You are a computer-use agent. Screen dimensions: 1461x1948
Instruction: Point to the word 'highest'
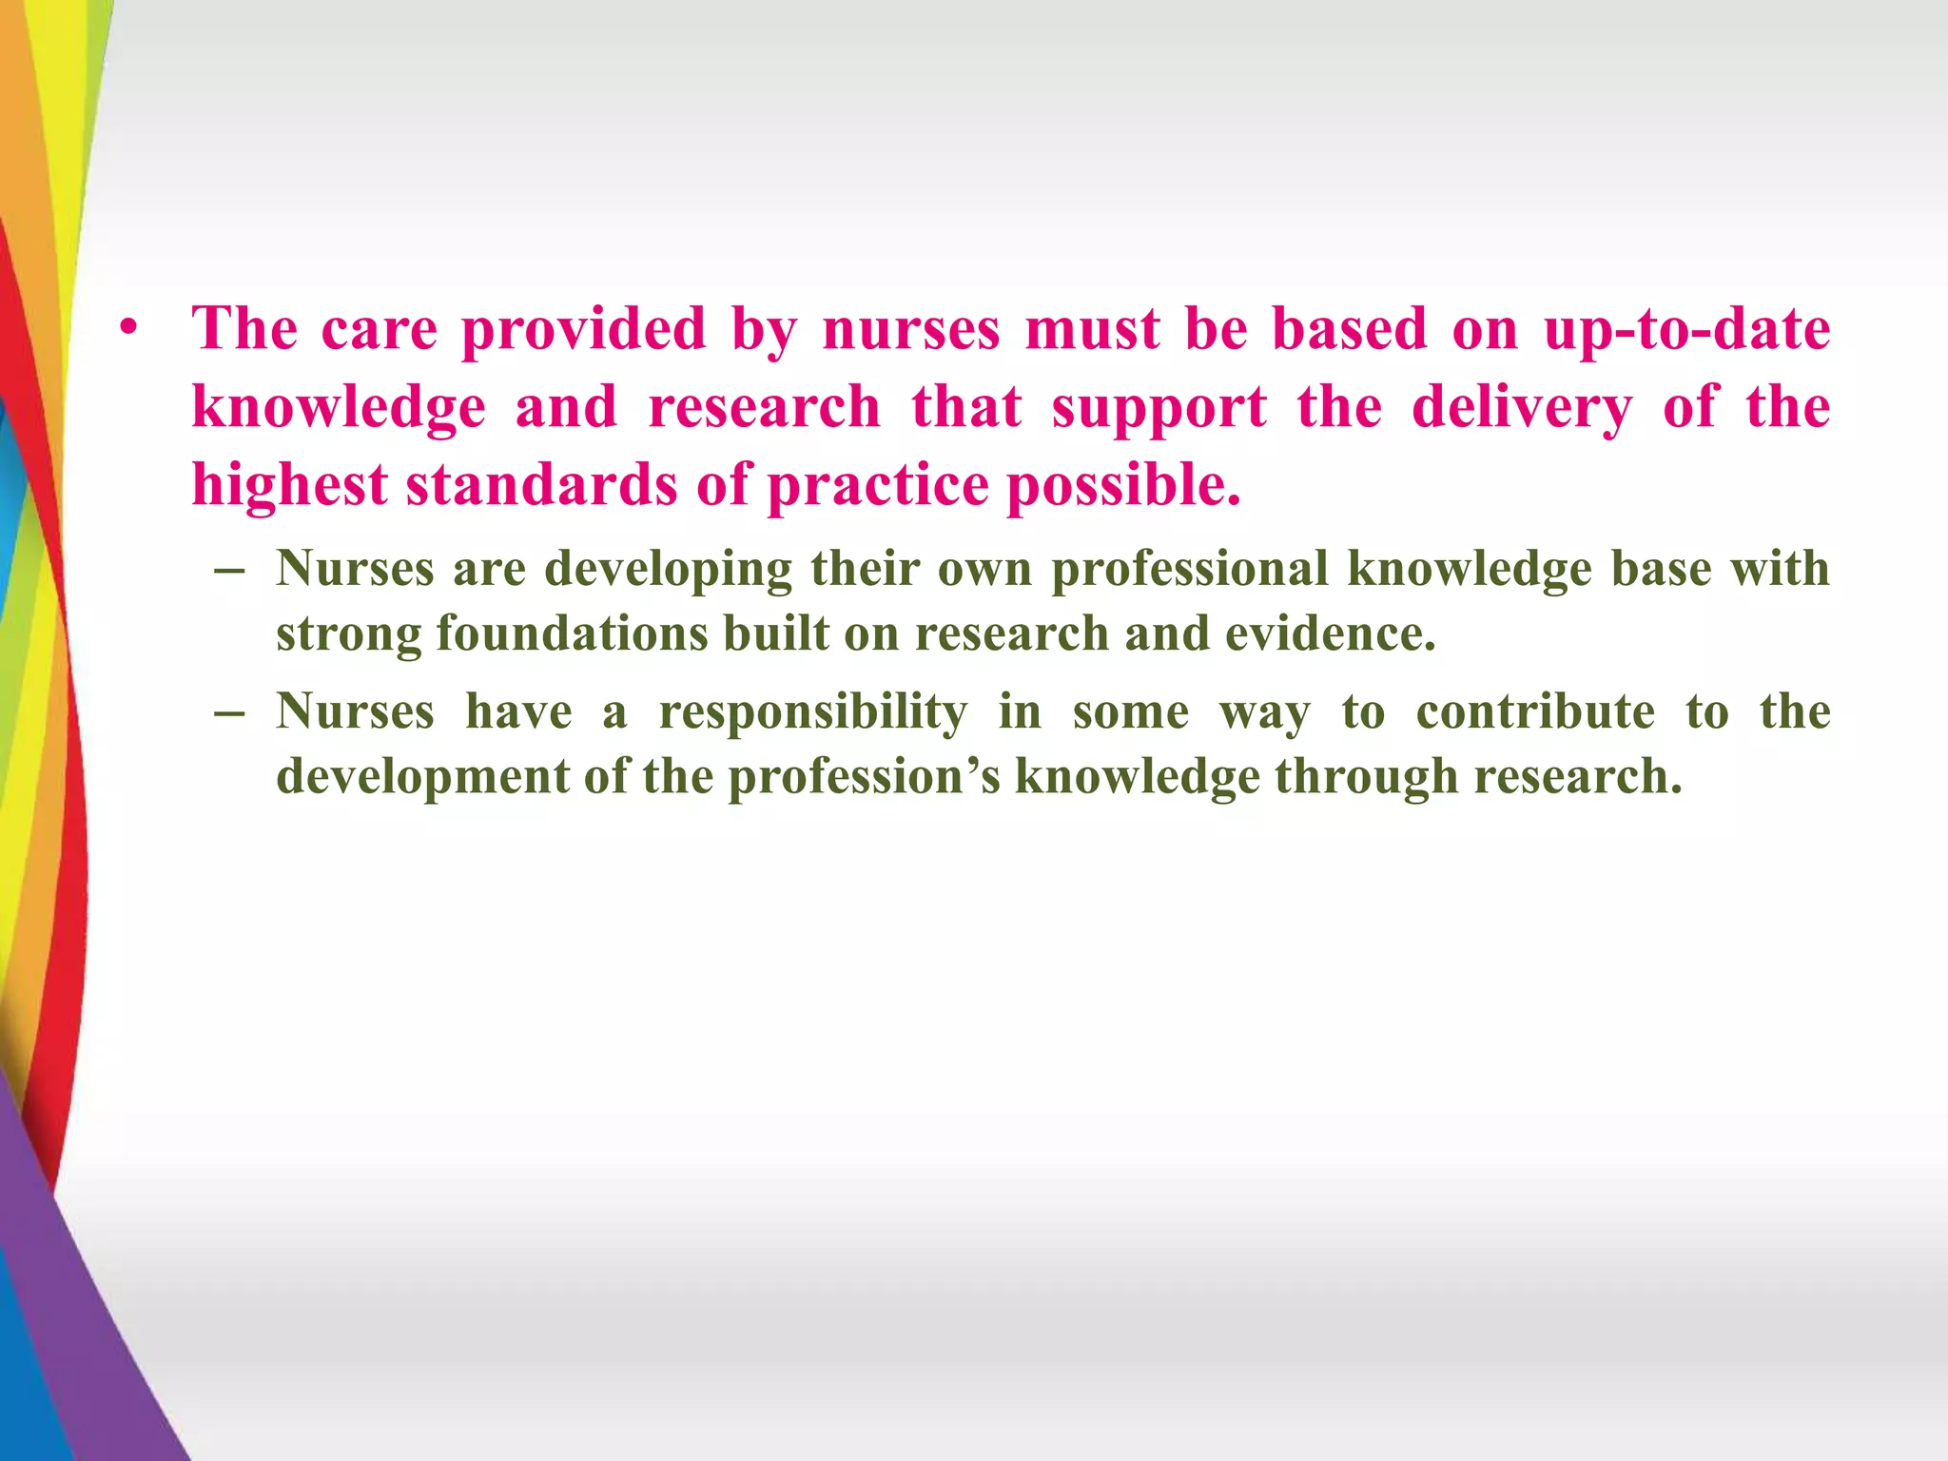point(289,486)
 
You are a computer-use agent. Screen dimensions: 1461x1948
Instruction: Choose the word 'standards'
point(541,484)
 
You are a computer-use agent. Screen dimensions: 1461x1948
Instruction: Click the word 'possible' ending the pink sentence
point(1122,486)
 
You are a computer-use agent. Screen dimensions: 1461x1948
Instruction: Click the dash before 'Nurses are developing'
point(230,571)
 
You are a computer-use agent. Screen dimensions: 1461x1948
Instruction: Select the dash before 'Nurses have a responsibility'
point(230,713)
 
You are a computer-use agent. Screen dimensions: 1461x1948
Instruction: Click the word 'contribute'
point(1535,712)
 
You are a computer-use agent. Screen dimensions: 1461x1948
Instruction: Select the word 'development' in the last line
point(421,777)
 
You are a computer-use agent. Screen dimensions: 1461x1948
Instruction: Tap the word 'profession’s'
point(864,777)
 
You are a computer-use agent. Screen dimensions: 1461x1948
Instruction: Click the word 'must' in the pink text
point(1092,329)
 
